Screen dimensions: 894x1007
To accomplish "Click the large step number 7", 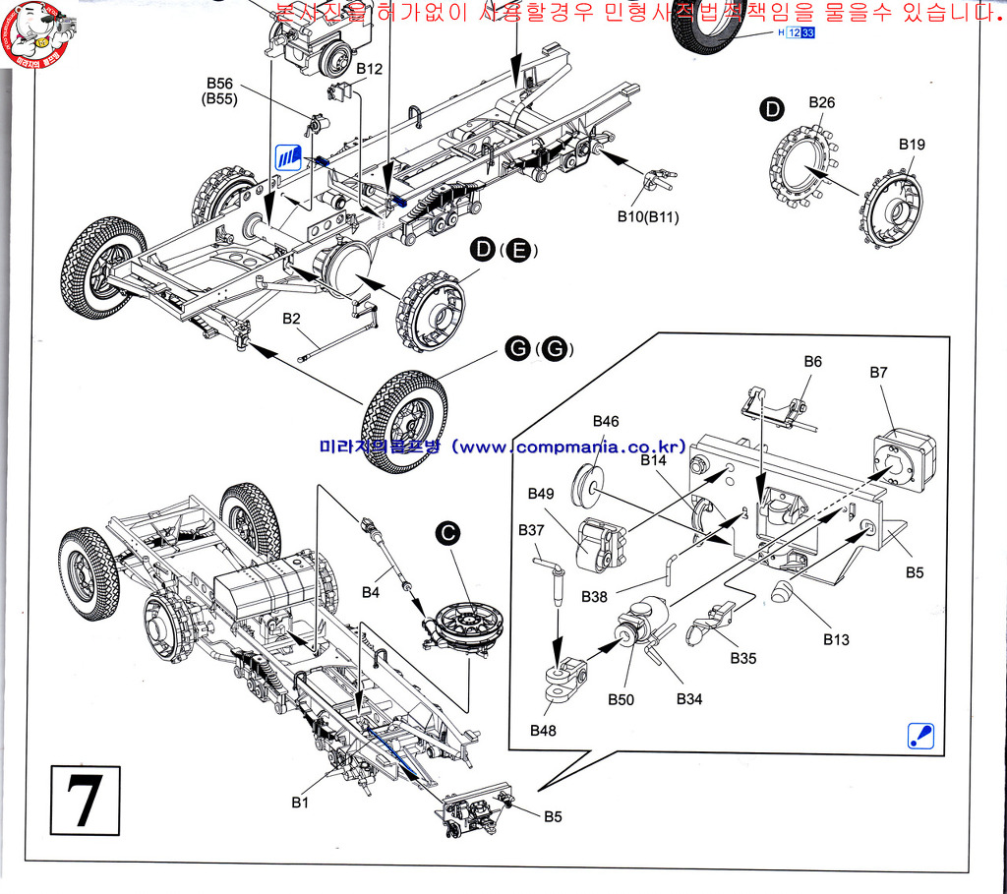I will pyautogui.click(x=83, y=801).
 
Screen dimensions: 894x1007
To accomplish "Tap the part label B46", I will pyautogui.click(x=606, y=421).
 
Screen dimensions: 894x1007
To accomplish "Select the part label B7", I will pyautogui.click(x=878, y=373).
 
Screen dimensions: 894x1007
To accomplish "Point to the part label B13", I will pyautogui.click(x=837, y=639).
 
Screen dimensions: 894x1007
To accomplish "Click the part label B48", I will pyautogui.click(x=543, y=730).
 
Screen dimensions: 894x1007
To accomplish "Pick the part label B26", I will pyautogui.click(x=821, y=102).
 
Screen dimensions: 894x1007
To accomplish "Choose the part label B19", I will pyautogui.click(x=912, y=144).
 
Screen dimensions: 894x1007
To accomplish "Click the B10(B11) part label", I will pyautogui.click(x=648, y=216).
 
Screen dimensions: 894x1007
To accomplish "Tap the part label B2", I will pyautogui.click(x=292, y=318).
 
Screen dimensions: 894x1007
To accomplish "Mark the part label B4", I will pyautogui.click(x=370, y=592).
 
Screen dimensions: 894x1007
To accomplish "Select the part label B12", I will pyautogui.click(x=370, y=69).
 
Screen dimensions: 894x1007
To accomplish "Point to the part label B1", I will pyautogui.click(x=300, y=803).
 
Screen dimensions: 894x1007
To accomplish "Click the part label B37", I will pyautogui.click(x=531, y=530).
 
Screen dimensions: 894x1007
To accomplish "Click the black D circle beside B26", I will pyautogui.click(x=773, y=110).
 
